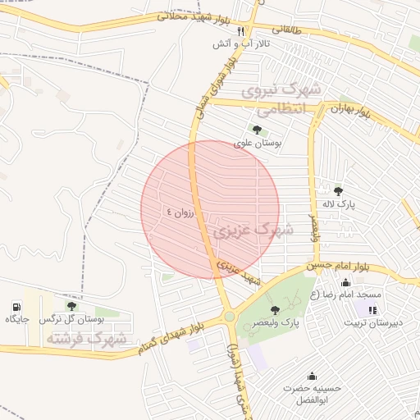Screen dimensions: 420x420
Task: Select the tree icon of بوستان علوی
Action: click(x=258, y=129)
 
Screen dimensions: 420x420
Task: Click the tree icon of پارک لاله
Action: click(x=338, y=191)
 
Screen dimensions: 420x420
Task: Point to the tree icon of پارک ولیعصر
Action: click(x=274, y=309)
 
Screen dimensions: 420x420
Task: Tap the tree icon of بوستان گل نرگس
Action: click(x=71, y=306)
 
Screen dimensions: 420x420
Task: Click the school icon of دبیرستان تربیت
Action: click(x=372, y=310)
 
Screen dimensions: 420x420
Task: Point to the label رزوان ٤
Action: click(x=181, y=212)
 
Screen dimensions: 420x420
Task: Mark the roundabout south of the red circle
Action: click(x=229, y=316)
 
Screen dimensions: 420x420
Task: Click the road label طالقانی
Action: click(x=287, y=30)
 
